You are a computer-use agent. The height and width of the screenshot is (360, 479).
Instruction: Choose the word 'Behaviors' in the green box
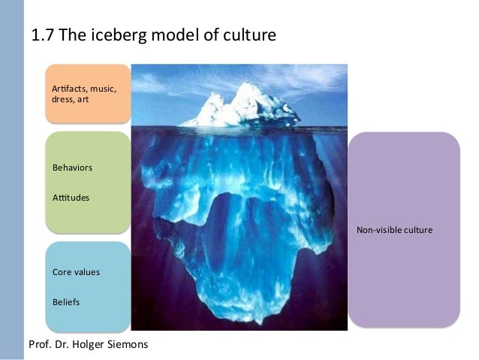(x=72, y=166)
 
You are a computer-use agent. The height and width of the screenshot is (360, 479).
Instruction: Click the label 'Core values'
(x=76, y=271)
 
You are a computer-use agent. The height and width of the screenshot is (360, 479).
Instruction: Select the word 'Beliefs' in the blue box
(x=66, y=303)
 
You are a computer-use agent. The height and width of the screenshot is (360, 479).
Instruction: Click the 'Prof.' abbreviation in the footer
(x=39, y=345)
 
